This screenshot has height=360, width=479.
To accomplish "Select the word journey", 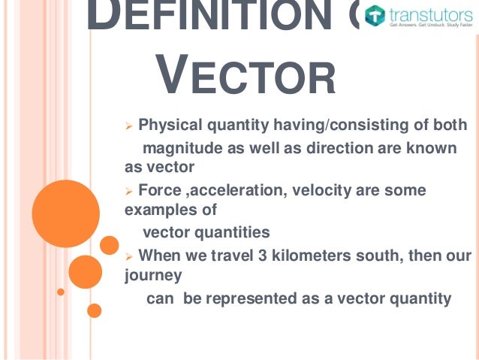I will (x=153, y=275).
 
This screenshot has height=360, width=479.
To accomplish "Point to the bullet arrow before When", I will (x=128, y=256).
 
